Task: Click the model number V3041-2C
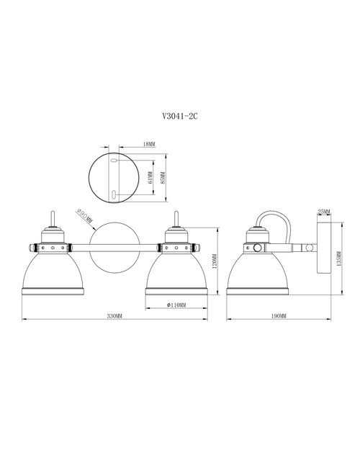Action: (180, 116)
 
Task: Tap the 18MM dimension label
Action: (149, 144)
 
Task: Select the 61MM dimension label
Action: (150, 179)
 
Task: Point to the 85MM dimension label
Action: (163, 178)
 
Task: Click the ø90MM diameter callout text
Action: (84, 217)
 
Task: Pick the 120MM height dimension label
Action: (215, 261)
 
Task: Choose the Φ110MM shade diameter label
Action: (176, 305)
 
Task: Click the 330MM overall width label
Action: (114, 316)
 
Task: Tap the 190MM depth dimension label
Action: (279, 316)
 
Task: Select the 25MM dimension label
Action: (324, 212)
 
